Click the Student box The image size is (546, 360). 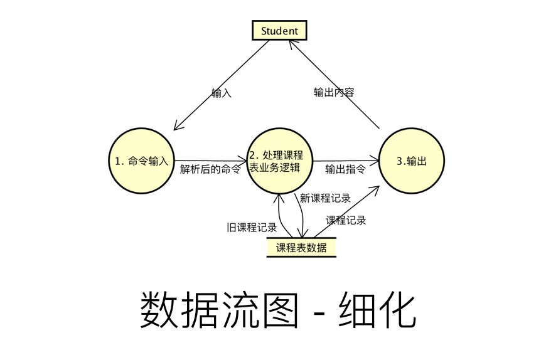coord(279,30)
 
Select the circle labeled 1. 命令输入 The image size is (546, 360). coord(142,161)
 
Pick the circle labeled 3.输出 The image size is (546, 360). coord(412,161)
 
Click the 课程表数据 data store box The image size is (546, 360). coord(301,247)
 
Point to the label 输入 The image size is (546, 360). coord(222,93)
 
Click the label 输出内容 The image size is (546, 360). coord(334,92)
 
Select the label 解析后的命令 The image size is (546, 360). coord(210,169)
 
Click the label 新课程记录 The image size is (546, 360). coord(325,198)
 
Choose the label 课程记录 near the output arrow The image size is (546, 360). coord(346,220)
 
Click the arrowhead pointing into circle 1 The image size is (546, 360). coord(178,126)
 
